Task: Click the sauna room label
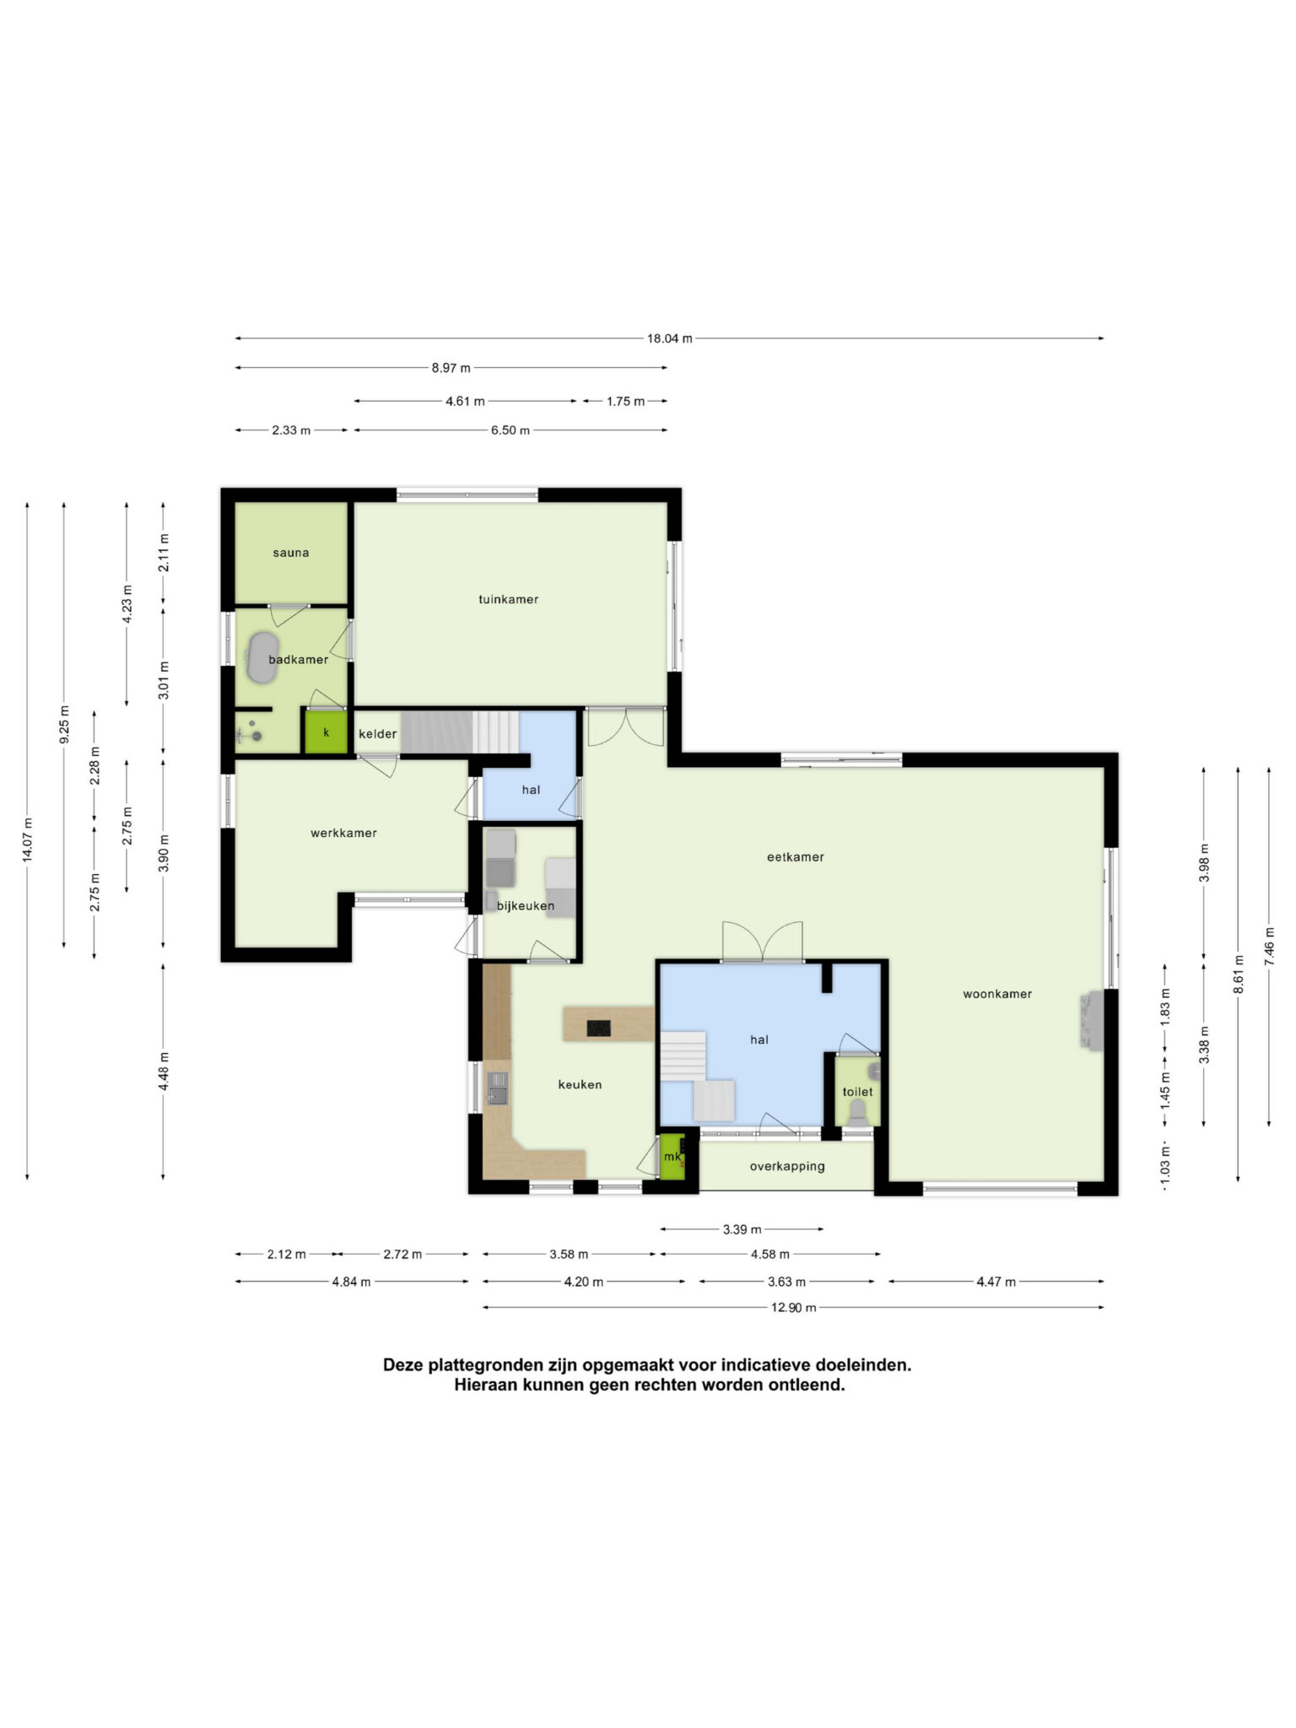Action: pyautogui.click(x=291, y=553)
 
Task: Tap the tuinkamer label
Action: pyautogui.click(x=509, y=599)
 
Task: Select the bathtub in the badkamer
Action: pyautogui.click(x=262, y=656)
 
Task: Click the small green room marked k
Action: pyautogui.click(x=326, y=732)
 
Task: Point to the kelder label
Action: pyautogui.click(x=377, y=734)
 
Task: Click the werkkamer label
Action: pyautogui.click(x=343, y=833)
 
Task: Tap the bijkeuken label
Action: pyautogui.click(x=526, y=906)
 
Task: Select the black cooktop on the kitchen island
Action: pyautogui.click(x=599, y=1028)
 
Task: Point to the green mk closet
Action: pyautogui.click(x=672, y=1155)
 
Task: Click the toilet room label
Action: pyautogui.click(x=857, y=1092)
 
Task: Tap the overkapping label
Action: pyautogui.click(x=787, y=1167)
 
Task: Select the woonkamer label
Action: pyautogui.click(x=997, y=994)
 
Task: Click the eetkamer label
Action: pyautogui.click(x=795, y=856)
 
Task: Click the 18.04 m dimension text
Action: pyautogui.click(x=670, y=338)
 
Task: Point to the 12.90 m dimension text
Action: pyautogui.click(x=794, y=1308)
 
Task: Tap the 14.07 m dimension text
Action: pyautogui.click(x=28, y=840)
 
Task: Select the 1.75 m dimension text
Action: pyautogui.click(x=625, y=402)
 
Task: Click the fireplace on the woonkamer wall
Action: pyautogui.click(x=1090, y=1019)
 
